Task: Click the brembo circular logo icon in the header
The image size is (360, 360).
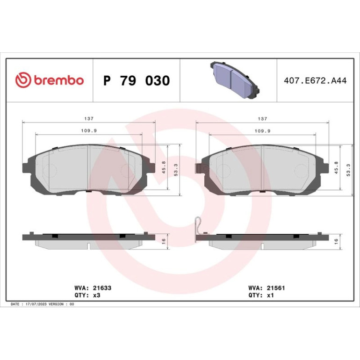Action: [23, 80]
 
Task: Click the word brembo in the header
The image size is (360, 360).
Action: [59, 80]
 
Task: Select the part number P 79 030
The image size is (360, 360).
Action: [137, 80]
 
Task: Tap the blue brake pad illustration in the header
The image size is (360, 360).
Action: [235, 80]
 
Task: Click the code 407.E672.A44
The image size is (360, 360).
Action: [315, 80]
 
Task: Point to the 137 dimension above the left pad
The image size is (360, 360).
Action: [89, 118]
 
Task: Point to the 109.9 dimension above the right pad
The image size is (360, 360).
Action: [262, 131]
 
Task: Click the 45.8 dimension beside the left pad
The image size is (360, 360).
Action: [164, 167]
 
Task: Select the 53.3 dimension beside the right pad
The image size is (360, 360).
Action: [348, 170]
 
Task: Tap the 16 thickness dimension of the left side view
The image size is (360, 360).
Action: [164, 241]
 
